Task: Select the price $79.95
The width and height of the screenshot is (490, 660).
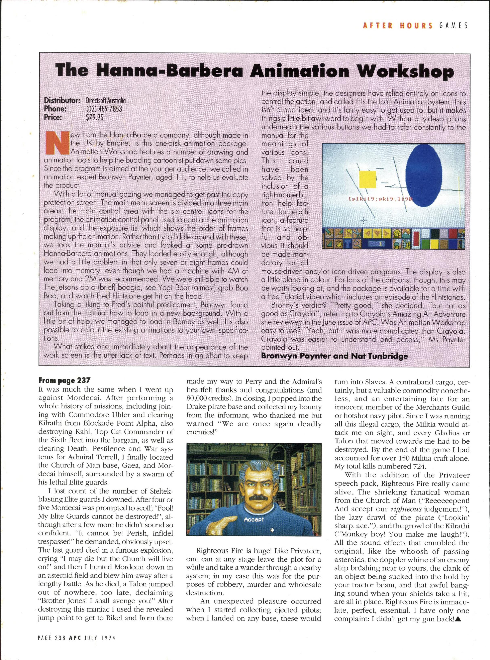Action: pyautogui.click(x=95, y=117)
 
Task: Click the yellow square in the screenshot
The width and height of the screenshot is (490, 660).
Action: pyautogui.click(x=368, y=179)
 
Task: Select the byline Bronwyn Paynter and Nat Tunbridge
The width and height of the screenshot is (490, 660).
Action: pyautogui.click(x=334, y=356)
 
